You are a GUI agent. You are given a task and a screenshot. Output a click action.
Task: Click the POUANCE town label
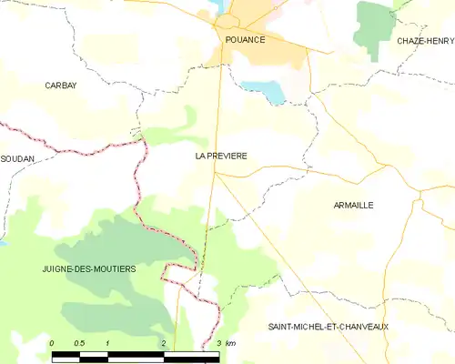pyautogui.click(x=240, y=40)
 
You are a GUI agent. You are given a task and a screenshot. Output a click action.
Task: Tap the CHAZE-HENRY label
pyautogui.click(x=425, y=41)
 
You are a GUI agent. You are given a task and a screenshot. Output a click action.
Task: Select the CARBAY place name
pyautogui.click(x=61, y=85)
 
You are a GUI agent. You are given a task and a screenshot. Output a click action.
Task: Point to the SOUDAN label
pyautogui.click(x=17, y=158)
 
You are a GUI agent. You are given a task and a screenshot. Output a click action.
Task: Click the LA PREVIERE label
pyautogui.click(x=221, y=157)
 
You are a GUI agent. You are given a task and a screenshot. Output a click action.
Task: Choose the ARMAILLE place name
pyautogui.click(x=354, y=206)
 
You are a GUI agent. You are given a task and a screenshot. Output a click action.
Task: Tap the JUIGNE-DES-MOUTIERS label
pyautogui.click(x=88, y=269)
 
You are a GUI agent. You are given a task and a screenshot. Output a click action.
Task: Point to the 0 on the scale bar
pyautogui.click(x=52, y=343)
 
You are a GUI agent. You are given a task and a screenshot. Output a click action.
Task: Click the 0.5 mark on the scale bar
pyautogui.click(x=79, y=343)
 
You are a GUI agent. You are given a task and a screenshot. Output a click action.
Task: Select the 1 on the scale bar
pyautogui.click(x=107, y=343)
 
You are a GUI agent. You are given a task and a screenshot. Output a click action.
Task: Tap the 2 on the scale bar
pyautogui.click(x=163, y=343)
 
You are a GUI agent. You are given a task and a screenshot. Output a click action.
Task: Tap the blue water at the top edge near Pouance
pyautogui.click(x=222, y=5)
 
